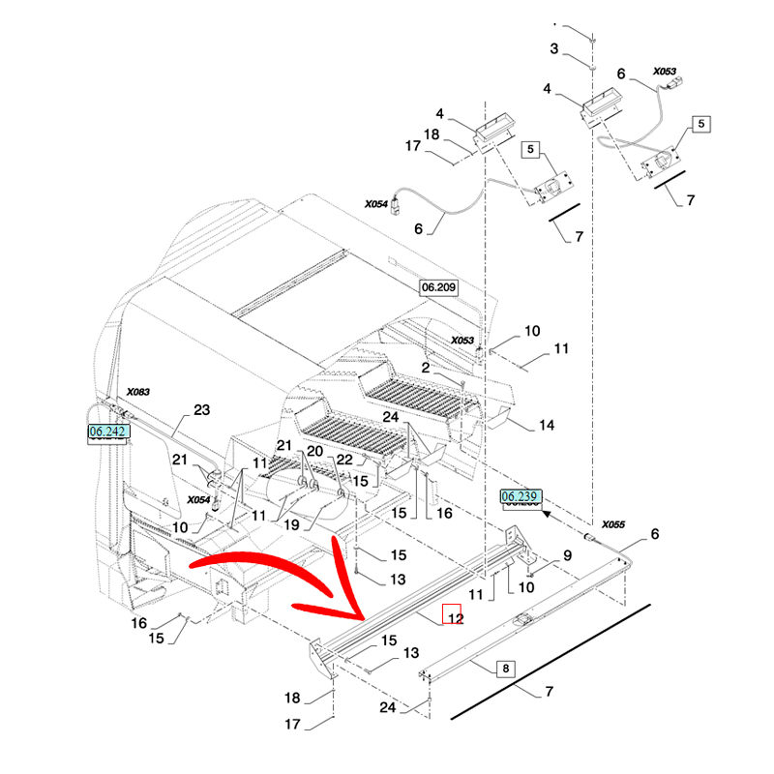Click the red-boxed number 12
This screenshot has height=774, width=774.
453,615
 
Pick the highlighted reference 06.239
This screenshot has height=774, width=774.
521,497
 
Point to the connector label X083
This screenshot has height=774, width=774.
140,392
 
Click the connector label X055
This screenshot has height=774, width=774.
614,523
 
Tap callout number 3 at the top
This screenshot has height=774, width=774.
553,48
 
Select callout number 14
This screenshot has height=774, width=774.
547,425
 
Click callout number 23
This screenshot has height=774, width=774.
201,410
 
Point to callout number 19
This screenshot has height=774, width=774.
292,528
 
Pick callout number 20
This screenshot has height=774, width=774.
314,452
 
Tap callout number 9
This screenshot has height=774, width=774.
568,554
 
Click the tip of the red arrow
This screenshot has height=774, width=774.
363,619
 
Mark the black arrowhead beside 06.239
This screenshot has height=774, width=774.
548,515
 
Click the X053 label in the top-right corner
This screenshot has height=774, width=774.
665,71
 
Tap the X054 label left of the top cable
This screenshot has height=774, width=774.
376,204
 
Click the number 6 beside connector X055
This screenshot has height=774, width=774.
655,534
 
